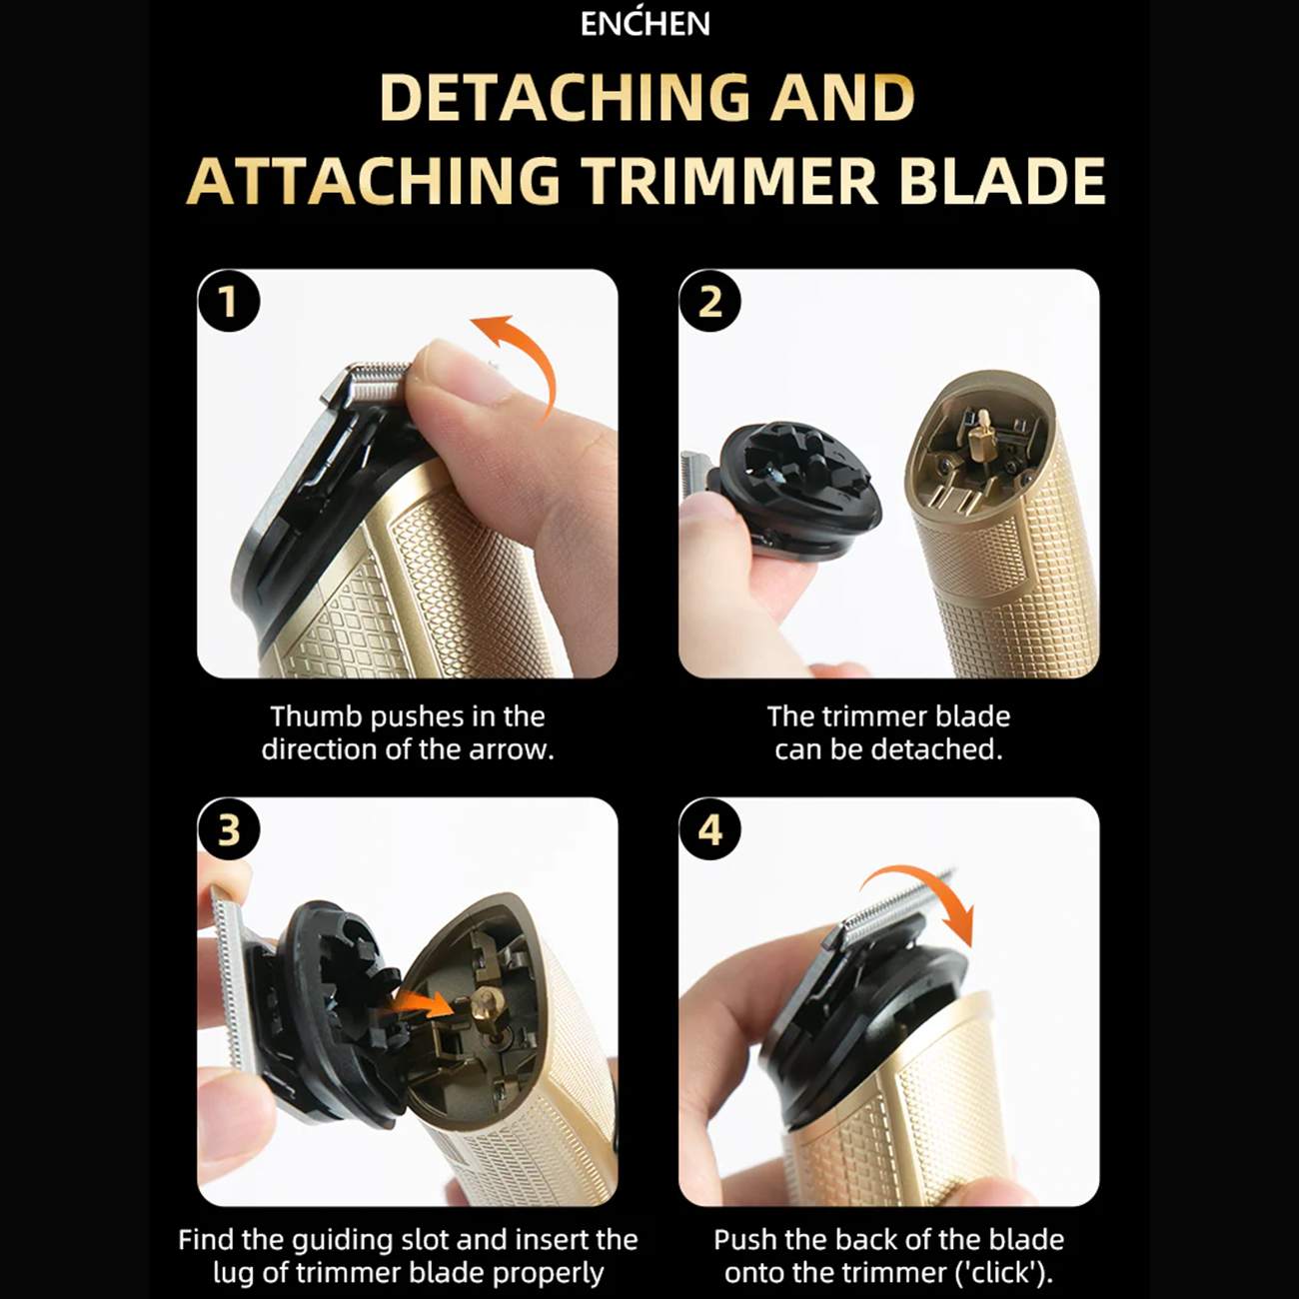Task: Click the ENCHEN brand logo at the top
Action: [646, 24]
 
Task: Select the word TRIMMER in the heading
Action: [730, 181]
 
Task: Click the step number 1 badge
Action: [229, 301]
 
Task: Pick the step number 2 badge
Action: [710, 301]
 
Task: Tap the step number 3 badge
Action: [229, 829]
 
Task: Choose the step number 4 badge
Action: [710, 829]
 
